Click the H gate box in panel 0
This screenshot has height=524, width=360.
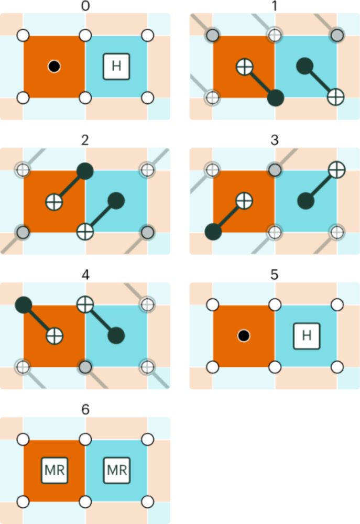coord(116,67)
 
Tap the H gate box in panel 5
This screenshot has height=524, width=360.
coord(307,335)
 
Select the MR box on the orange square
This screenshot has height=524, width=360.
coord(54,470)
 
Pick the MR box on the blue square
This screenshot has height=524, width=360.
coord(117,470)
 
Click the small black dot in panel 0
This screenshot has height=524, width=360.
coord(54,67)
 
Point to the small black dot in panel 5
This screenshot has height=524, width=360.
coord(244,335)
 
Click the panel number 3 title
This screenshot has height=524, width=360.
coord(275,140)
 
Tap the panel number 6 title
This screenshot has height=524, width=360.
coord(85,409)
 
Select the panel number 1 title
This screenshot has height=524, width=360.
coord(275,6)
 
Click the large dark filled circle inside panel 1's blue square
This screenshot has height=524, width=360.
coord(304,66)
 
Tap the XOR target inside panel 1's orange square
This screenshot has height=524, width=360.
coord(245,67)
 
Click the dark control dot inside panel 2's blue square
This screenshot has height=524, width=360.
coord(116,201)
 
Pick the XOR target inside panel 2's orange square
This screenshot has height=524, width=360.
coord(54,202)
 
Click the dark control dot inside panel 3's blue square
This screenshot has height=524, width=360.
coord(306,201)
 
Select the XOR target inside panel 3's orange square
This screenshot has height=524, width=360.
coord(244,201)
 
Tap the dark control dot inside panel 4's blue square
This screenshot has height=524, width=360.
coord(116,335)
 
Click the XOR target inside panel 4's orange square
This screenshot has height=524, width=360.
coord(54,336)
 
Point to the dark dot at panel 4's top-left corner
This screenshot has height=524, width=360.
coord(24,304)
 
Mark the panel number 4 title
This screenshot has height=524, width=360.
coord(85,275)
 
